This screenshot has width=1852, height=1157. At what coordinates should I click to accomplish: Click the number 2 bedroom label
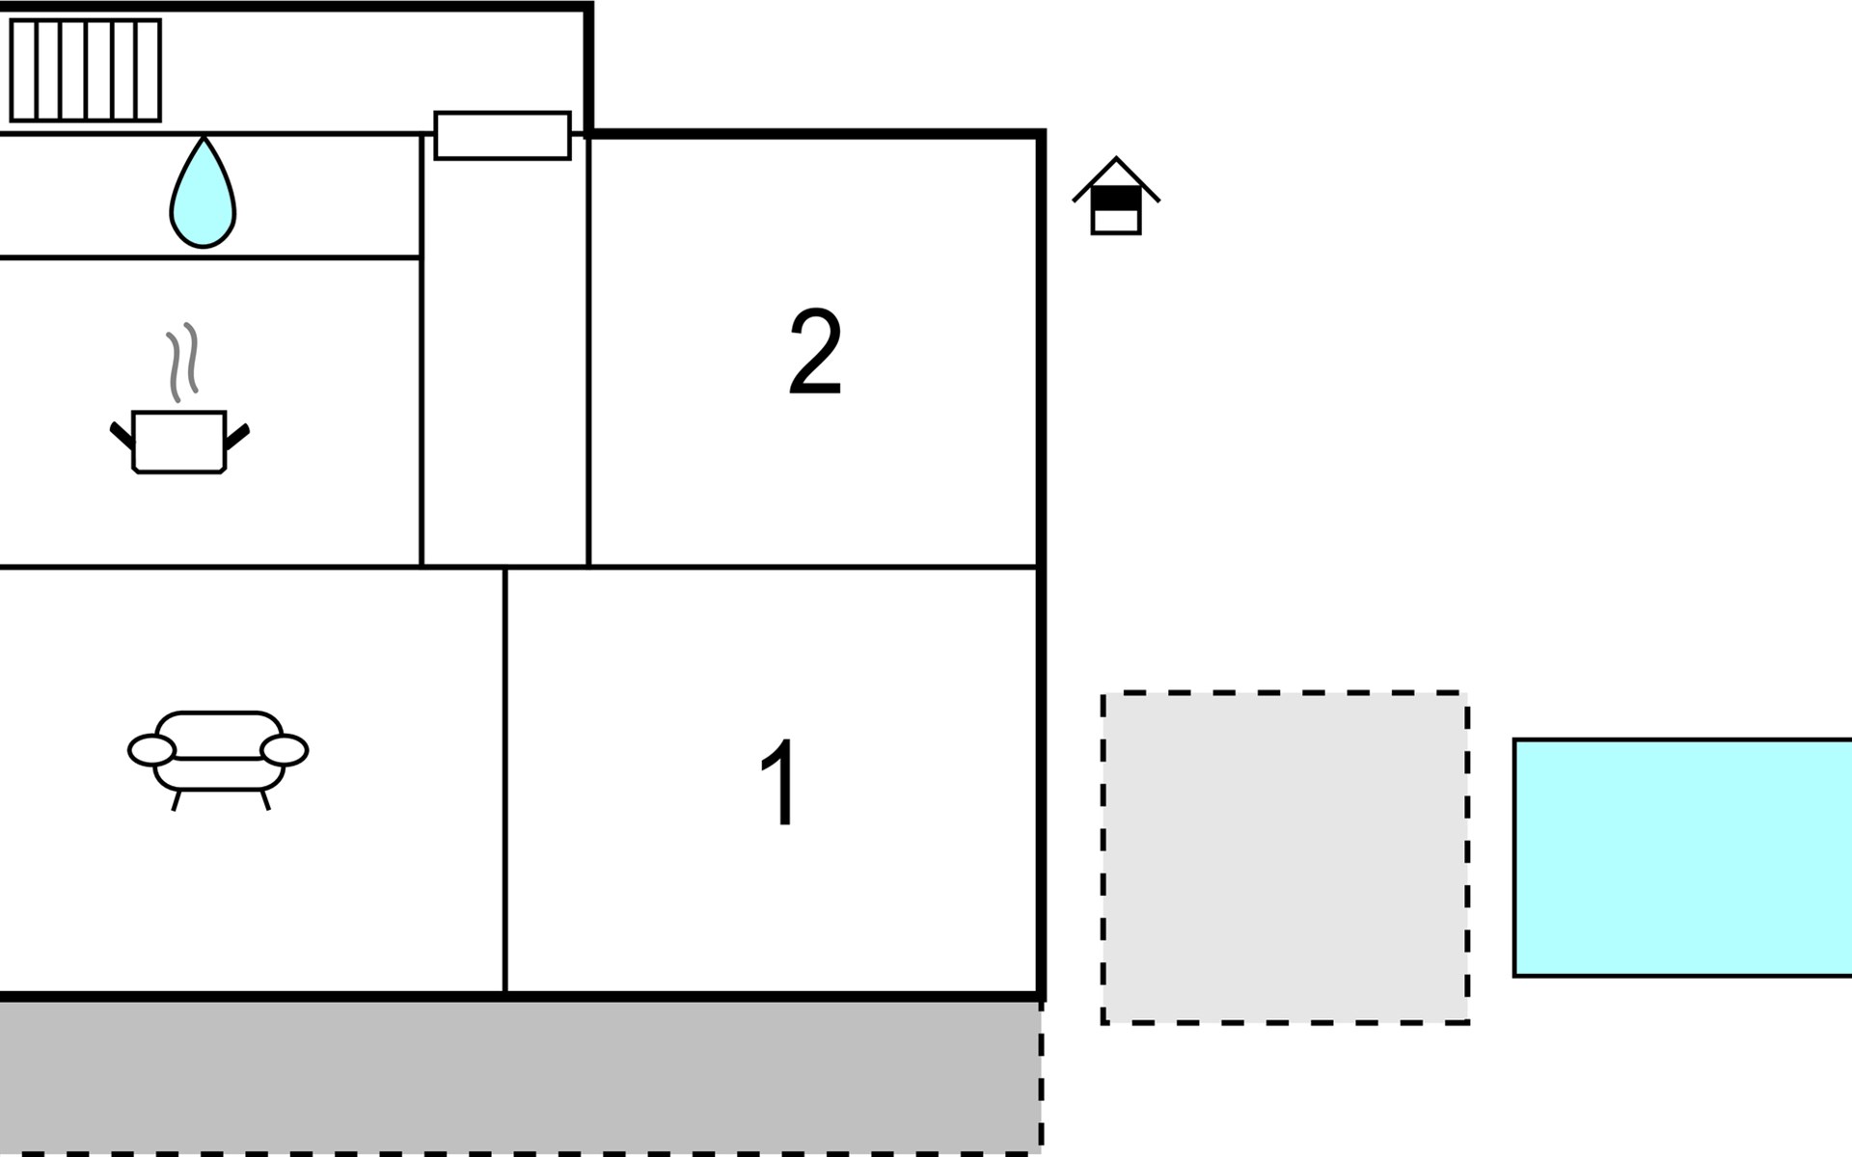(x=815, y=352)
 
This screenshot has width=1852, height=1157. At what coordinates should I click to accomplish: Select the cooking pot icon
(x=179, y=442)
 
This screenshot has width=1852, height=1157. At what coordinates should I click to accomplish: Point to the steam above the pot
(x=182, y=361)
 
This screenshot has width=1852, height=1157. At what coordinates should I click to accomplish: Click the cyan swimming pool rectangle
(x=1682, y=857)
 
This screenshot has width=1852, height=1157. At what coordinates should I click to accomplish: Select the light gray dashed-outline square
(x=1285, y=857)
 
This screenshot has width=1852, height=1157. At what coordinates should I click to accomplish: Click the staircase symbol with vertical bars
(x=85, y=70)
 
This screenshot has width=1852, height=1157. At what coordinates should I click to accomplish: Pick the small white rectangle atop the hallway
(x=503, y=135)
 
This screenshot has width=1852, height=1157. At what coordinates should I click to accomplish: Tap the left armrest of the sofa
(x=151, y=750)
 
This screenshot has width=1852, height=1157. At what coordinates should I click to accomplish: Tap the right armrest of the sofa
(x=285, y=750)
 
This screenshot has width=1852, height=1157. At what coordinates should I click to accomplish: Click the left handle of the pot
(x=122, y=435)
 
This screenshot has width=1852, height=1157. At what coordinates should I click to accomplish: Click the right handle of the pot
(x=237, y=436)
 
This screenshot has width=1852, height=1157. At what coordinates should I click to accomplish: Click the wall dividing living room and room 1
(x=504, y=781)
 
